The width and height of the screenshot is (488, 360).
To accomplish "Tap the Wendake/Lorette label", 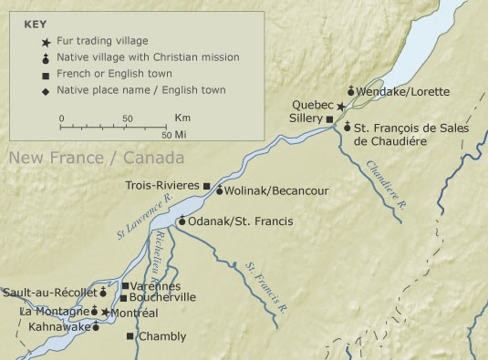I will [394, 92].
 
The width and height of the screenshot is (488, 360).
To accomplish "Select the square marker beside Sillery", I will [330, 119].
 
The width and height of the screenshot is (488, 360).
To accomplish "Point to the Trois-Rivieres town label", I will [162, 186].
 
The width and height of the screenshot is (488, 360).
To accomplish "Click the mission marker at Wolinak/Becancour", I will [219, 190].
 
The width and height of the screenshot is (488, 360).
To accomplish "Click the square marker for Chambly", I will [130, 336].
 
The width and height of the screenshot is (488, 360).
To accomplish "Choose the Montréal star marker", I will [106, 313].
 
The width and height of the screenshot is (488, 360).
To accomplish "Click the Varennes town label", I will [155, 286].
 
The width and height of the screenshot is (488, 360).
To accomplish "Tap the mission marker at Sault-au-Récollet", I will [103, 293].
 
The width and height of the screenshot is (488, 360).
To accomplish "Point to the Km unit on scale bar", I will [182, 118].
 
